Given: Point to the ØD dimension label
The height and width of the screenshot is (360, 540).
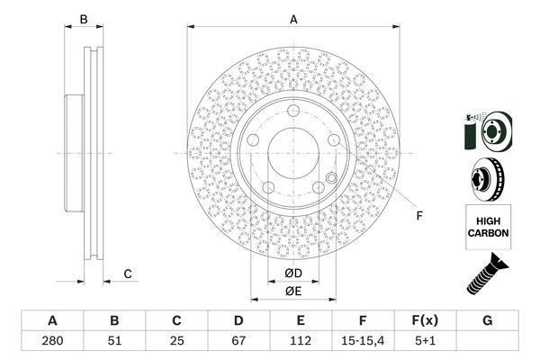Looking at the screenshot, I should coord(293,273).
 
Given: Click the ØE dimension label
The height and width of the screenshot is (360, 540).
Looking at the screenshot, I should coord(293,291).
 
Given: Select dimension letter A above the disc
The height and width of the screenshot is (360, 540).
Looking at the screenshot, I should coord(293,19).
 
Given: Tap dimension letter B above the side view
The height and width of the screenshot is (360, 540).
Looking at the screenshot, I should coord(84,19).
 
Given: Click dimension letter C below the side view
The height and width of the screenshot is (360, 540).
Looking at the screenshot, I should coord(128,274).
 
